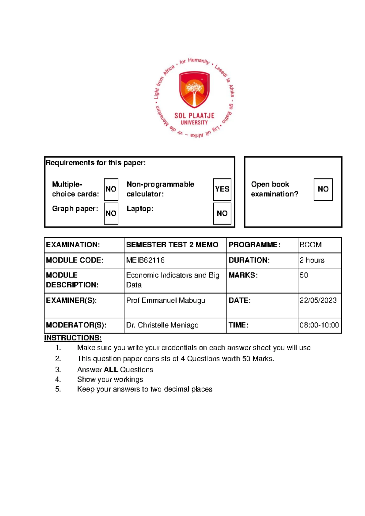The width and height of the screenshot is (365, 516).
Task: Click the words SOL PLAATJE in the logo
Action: coord(194,116)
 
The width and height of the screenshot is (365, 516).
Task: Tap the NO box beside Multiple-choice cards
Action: coord(111,189)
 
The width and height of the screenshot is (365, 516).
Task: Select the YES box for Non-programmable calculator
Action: coord(222,189)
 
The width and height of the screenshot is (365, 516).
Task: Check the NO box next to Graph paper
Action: coord(111,213)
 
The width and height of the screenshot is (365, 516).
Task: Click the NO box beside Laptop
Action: coord(222,213)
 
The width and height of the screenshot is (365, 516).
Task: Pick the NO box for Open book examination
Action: coord(323,189)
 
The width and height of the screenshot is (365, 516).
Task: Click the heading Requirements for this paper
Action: coord(96,163)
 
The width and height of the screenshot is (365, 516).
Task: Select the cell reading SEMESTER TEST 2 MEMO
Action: coord(172,245)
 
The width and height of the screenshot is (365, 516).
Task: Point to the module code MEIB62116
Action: coord(145,260)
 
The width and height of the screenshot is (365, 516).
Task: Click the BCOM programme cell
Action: coord(311,245)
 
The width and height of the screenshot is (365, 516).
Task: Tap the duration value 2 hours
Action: coord(312,260)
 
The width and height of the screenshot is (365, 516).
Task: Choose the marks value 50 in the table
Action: coord(304,275)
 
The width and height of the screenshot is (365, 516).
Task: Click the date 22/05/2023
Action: coord(318,301)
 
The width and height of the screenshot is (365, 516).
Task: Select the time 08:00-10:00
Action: coord(319,325)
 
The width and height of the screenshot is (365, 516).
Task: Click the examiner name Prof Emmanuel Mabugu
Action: coord(166,301)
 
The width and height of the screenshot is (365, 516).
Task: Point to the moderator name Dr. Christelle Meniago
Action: coord(162,325)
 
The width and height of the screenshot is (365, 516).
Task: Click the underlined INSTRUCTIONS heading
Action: coord(73,338)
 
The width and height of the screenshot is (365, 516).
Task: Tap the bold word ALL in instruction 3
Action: coord(111,370)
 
